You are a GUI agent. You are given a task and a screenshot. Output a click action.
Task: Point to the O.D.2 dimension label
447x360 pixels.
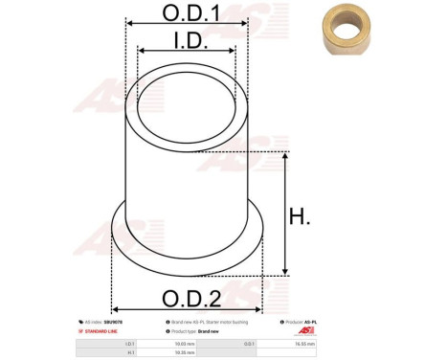(x=188, y=297)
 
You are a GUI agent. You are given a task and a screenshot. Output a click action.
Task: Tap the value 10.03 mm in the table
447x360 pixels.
(x=186, y=342)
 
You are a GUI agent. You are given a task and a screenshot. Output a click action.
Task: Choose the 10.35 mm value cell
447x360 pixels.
(x=186, y=351)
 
